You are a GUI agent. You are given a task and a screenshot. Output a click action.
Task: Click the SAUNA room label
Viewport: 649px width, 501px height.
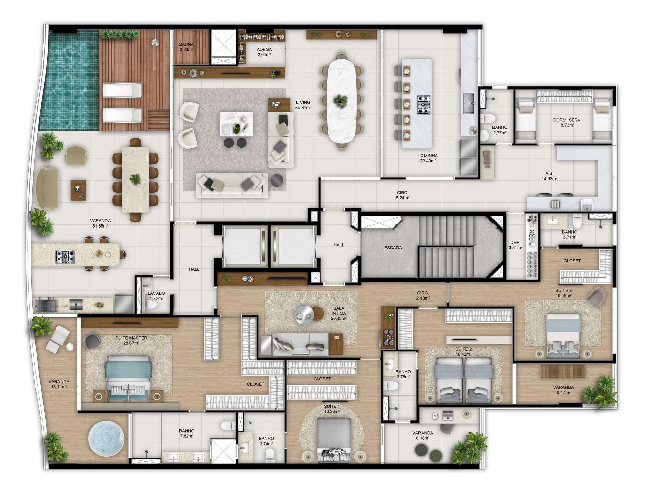point(186,44)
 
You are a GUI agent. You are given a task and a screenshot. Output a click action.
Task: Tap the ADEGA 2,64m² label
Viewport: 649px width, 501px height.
point(264,52)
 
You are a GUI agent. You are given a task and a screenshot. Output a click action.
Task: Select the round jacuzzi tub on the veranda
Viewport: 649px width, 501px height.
point(106,437)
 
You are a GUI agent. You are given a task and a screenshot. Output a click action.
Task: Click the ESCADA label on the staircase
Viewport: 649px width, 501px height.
point(393,248)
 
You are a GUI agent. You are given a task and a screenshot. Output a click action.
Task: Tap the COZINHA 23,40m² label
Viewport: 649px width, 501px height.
point(428,158)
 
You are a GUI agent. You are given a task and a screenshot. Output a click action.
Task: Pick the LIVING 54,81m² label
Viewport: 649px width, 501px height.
point(303,105)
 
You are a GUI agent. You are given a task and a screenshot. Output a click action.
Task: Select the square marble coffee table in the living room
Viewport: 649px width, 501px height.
point(236,124)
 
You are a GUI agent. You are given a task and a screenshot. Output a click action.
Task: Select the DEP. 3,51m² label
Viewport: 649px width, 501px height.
point(515,245)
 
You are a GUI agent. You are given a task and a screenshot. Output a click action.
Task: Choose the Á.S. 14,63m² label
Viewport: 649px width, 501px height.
point(549,176)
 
